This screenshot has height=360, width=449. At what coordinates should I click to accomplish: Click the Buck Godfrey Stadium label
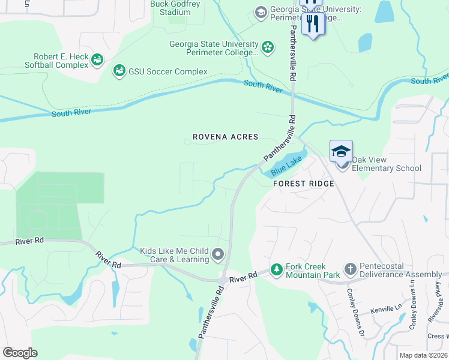tap(170, 8)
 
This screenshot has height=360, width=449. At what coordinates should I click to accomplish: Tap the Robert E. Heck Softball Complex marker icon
tap(97, 59)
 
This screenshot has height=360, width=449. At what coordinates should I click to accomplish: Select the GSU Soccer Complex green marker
tap(119, 71)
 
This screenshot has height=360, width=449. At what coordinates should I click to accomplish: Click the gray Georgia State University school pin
tap(261, 12)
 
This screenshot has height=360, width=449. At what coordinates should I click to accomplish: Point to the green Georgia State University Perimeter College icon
tap(268, 46)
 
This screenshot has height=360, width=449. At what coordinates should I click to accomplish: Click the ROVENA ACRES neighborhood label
tap(224, 137)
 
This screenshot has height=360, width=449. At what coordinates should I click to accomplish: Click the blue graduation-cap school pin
tap(341, 151)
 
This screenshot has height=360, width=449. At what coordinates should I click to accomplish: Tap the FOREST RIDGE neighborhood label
tap(303, 184)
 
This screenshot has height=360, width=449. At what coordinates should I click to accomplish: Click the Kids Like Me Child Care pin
tap(218, 255)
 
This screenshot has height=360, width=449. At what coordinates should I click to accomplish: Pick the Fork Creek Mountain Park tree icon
tap(276, 270)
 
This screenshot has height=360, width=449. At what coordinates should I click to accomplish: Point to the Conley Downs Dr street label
tap(354, 310)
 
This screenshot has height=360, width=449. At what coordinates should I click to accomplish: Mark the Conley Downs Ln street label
tap(413, 312)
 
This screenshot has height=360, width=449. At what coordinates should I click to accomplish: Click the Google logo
tap(20, 352)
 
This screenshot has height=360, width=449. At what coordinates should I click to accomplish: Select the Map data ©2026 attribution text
tap(423, 355)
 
